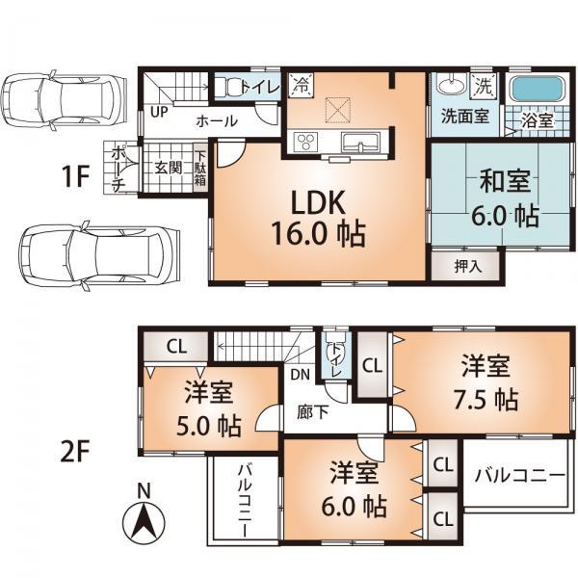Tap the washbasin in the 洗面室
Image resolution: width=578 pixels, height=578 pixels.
pos(450,86)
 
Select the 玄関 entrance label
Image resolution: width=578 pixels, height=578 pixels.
pos(168,167)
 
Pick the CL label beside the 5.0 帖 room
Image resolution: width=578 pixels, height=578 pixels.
pos(174,345)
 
